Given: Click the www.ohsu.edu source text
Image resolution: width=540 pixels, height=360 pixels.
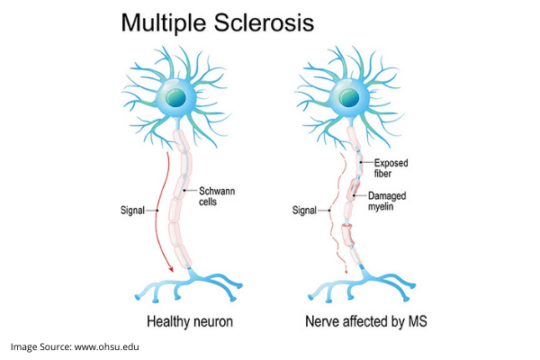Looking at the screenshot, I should click(107, 346).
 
